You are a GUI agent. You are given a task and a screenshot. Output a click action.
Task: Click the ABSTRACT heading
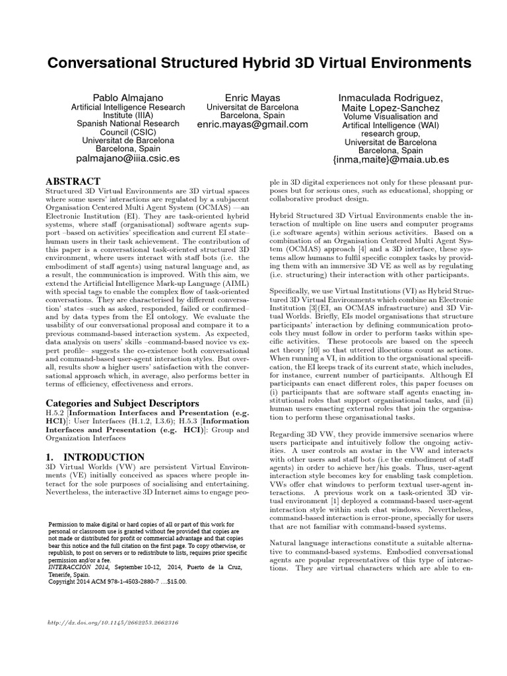[73, 181]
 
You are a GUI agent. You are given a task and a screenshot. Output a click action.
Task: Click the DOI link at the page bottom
[115, 623]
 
